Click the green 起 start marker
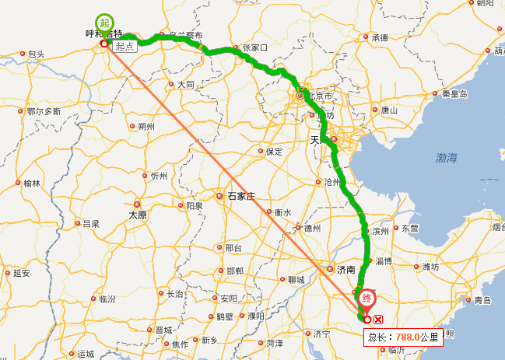click(103, 23)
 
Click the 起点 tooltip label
click(124, 47)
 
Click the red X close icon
click(378, 319)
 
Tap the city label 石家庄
click(241, 197)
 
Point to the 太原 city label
click(138, 214)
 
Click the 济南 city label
click(346, 270)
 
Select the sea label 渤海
click(447, 158)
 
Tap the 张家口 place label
click(254, 48)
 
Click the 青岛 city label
click(482, 300)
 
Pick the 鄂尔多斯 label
click(44, 111)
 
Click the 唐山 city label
click(389, 110)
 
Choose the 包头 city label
click(36, 54)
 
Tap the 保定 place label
click(274, 152)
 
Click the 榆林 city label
click(32, 183)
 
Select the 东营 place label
click(409, 229)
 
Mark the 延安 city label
click(22, 273)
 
